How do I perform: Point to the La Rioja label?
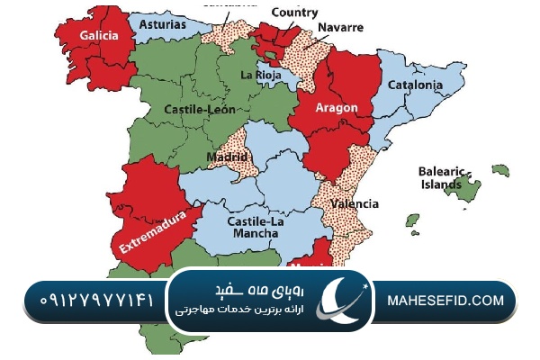pos(261,76)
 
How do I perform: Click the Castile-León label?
pos(200,109)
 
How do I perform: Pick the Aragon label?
pos(336,108)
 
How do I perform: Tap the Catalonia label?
pos(415,85)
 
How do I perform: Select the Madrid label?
pos(227,157)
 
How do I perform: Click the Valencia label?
pos(354,204)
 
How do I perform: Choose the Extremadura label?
pos(151,229)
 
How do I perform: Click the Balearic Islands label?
pos(440,177)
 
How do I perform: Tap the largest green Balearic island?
pos(465,188)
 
